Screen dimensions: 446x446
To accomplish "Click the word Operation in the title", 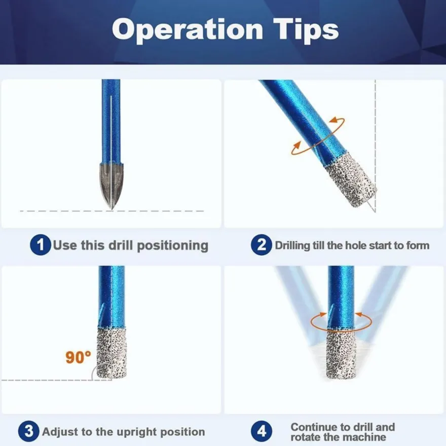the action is click(188, 30).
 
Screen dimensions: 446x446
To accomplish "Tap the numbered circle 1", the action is click(41, 245).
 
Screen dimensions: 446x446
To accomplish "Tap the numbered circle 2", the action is click(262, 245).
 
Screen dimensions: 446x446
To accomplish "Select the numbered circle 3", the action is click(29, 431).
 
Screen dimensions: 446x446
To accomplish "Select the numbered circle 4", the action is click(262, 431).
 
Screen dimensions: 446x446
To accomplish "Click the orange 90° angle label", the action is click(78, 357).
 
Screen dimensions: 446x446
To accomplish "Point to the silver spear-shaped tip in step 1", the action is click(111, 185).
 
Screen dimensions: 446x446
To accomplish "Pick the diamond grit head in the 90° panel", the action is click(111, 353).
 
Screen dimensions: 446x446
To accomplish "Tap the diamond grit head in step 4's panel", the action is click(341, 354).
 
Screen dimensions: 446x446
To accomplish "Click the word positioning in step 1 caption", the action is click(173, 246).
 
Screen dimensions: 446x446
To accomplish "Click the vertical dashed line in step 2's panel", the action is click(376, 145).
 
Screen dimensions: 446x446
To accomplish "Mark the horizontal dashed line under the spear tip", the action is click(112, 211).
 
